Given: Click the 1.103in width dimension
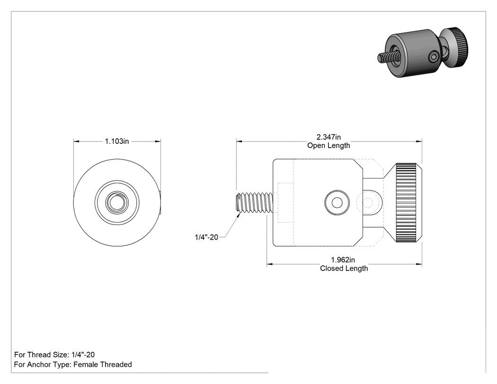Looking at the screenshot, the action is tap(117, 141).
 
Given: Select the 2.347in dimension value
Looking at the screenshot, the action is tap(328, 137).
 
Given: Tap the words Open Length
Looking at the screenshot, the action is tap(328, 145).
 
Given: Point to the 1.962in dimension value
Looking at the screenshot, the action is tap(343, 259).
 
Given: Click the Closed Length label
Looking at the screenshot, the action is tap(344, 268).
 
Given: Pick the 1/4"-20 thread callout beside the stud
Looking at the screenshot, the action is tap(206, 237).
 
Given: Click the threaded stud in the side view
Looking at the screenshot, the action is tap(255, 203).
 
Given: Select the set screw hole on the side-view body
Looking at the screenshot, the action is tap(337, 203).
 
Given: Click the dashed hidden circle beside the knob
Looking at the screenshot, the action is tap(368, 202).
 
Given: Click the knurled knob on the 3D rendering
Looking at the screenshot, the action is tap(457, 47).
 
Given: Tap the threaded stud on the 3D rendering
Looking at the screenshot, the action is tap(384, 57).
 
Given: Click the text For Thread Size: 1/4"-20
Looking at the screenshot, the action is tap(54, 355).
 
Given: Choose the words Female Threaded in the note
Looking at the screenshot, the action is tap(102, 364).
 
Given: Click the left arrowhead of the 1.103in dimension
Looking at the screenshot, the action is tap(76, 141).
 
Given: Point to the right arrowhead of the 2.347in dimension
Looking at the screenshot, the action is tap(419, 141).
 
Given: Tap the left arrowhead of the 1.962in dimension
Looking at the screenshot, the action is tap(270, 264).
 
